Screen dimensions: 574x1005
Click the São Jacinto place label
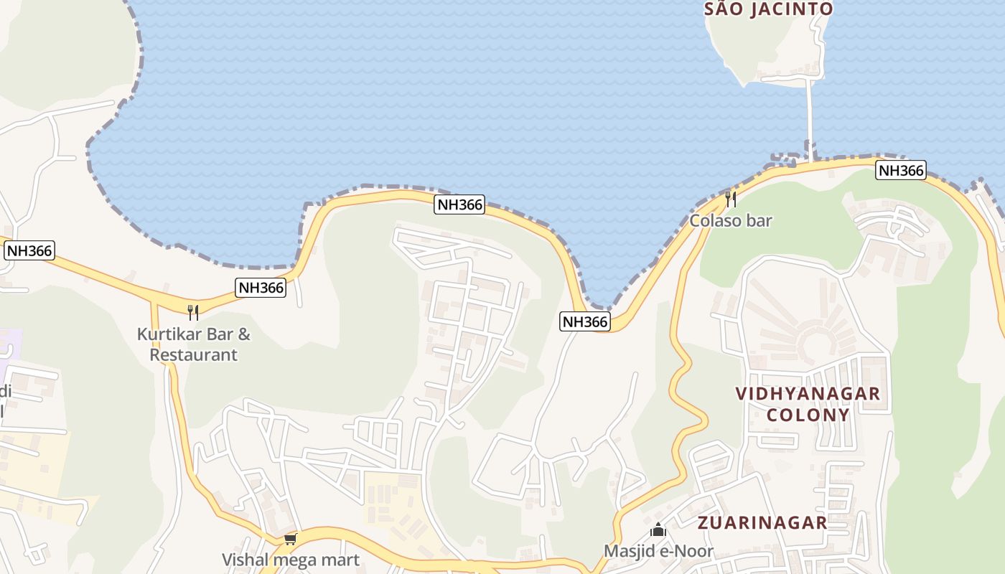click(768, 9)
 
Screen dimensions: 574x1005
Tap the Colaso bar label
click(731, 220)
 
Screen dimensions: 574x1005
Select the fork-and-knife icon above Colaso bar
click(731, 199)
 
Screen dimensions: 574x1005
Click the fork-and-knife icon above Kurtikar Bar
click(193, 312)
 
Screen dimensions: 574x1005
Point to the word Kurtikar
click(169, 334)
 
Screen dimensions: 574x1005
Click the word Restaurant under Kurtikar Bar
click(193, 354)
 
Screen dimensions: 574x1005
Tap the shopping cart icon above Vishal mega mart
click(291, 539)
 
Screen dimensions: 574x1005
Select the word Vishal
click(244, 560)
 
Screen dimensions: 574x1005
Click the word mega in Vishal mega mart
click(295, 560)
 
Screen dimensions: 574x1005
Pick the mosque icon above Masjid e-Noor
click(658, 530)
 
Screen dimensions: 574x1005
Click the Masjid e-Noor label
click(658, 551)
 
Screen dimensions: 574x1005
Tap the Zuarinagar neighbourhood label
click(762, 522)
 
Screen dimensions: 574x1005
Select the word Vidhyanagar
click(808, 393)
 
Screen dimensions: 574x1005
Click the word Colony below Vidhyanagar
click(808, 415)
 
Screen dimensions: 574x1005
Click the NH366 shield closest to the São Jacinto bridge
click(900, 171)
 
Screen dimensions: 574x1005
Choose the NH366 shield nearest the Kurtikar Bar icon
click(261, 288)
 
